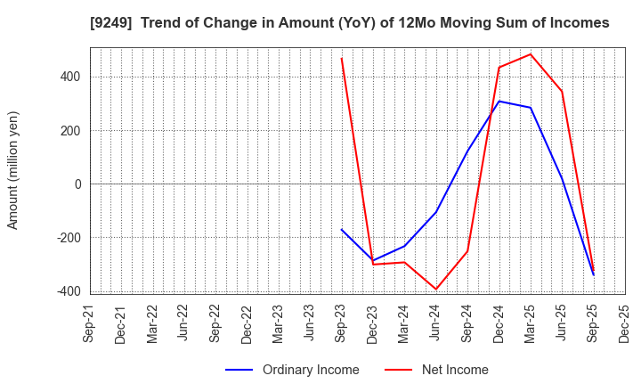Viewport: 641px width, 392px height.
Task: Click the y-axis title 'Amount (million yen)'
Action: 13,170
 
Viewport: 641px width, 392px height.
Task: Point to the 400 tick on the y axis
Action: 71,77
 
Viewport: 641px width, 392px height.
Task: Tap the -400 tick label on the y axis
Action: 69,291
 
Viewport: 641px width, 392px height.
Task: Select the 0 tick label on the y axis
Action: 77,184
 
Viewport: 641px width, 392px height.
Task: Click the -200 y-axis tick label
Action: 69,238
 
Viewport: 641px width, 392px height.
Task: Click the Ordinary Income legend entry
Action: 293,370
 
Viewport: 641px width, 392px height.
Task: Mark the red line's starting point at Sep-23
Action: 342,59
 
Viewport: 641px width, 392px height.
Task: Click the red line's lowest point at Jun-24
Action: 436,289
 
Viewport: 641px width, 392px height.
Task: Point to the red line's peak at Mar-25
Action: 531,54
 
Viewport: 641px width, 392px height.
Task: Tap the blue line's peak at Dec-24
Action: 499,102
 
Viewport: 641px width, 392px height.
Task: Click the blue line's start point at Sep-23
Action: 342,230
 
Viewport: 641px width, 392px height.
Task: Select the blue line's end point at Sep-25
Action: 593,274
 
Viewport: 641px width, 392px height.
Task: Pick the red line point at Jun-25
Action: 562,91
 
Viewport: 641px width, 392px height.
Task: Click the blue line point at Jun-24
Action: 436,212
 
